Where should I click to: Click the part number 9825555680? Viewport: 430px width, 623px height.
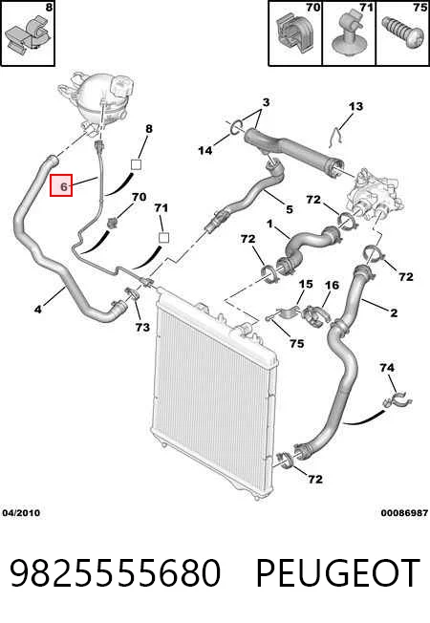coord(115,572)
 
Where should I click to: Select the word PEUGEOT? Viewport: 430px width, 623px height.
coord(338,572)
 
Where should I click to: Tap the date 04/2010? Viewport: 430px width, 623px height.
coord(21,513)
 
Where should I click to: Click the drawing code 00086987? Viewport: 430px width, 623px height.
coord(404,513)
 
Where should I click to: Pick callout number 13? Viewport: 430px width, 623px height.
coord(355,106)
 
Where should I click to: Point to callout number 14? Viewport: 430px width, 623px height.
coord(205,150)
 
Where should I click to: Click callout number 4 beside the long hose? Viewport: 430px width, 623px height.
coord(38,309)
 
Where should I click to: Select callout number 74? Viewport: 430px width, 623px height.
coord(387,368)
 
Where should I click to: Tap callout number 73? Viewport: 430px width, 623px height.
coord(142,327)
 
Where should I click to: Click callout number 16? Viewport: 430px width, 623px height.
coord(332,285)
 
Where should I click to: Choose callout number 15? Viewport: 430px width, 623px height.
coord(306,284)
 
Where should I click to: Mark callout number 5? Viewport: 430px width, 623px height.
coord(290,209)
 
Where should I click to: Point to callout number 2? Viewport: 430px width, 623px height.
coord(394,312)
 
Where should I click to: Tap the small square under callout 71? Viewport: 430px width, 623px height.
coord(163,238)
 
